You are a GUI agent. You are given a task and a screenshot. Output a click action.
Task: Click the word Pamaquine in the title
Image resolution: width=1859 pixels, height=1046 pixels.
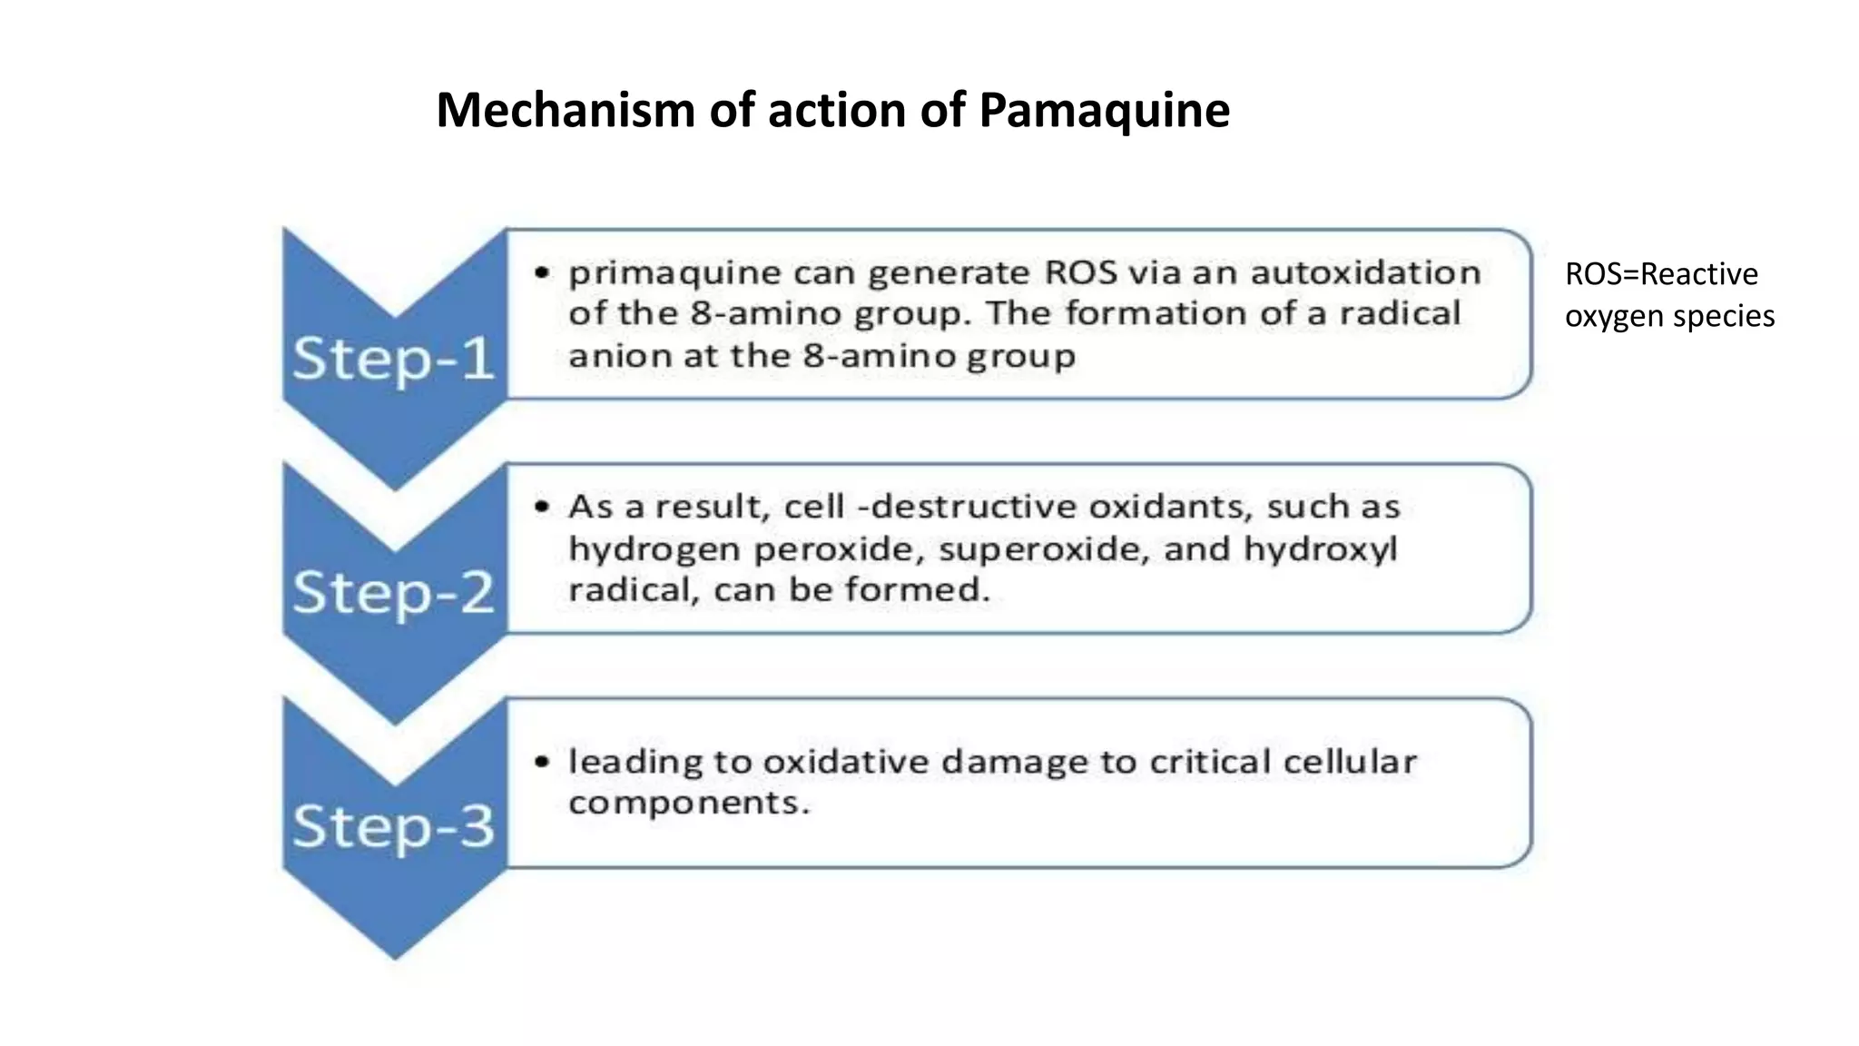(x=1105, y=112)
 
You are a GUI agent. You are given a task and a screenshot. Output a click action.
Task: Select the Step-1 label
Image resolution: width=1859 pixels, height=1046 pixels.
(x=393, y=359)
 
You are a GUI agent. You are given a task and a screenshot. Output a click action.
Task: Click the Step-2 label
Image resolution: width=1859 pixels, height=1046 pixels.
(x=393, y=592)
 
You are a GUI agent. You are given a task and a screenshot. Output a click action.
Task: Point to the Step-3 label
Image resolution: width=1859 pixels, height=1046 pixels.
(x=393, y=826)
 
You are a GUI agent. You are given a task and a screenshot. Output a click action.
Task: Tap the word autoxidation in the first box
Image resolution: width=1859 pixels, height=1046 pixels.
(x=1366, y=272)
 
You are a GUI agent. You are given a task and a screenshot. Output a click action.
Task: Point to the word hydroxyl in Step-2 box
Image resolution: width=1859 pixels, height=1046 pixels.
(x=1320, y=549)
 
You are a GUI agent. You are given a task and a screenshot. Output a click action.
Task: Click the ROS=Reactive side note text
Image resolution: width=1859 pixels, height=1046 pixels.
(x=1661, y=274)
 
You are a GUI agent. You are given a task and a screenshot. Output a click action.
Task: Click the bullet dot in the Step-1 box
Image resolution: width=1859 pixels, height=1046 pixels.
(x=542, y=272)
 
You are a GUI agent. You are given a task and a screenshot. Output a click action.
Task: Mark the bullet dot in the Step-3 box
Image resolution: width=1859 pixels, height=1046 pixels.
(x=542, y=762)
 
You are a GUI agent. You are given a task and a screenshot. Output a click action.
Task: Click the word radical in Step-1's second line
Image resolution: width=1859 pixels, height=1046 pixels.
(x=1401, y=313)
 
